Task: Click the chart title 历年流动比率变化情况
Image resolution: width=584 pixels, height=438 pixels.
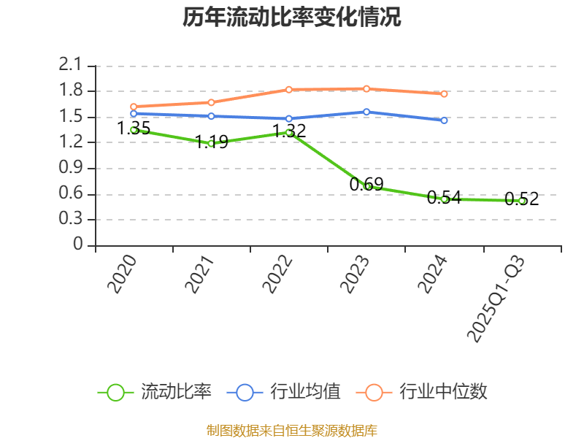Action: coord(291,18)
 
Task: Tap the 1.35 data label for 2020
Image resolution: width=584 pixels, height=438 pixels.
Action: coord(134,129)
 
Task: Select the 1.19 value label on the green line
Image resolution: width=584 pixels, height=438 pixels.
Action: coord(212,142)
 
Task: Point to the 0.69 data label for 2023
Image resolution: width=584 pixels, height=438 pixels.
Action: coord(366,185)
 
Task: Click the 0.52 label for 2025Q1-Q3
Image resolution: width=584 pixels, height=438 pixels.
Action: coord(522,199)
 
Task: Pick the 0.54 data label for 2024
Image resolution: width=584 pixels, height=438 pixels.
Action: coord(444,197)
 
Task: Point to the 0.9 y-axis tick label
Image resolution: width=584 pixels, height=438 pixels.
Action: coord(72,169)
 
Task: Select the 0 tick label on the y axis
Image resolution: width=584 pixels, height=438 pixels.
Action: coord(78,246)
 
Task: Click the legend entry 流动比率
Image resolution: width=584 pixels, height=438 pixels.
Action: coord(176,392)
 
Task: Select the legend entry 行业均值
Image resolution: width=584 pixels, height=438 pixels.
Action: coord(305,392)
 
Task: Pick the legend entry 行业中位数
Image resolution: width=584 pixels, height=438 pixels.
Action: coord(443,392)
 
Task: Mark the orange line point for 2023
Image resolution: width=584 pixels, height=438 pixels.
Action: coord(366,88)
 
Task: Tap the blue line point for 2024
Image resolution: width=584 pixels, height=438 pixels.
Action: coord(444,120)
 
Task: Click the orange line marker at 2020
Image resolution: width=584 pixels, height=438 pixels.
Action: coord(134,106)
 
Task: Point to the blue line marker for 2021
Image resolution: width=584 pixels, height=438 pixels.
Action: coord(211,116)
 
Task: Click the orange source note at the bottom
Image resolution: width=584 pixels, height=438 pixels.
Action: coord(291,430)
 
